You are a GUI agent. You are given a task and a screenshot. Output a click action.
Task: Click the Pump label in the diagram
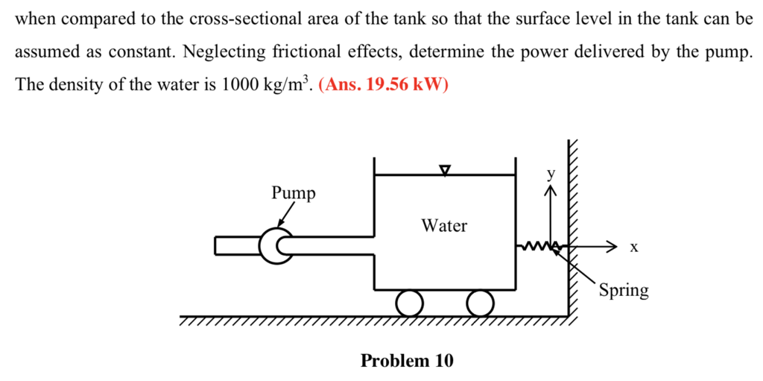tap(293, 193)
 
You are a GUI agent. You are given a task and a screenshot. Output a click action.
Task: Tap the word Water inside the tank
tap(444, 225)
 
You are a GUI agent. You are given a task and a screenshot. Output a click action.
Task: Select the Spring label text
tap(624, 290)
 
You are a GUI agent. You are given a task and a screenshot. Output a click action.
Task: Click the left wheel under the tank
tap(409, 303)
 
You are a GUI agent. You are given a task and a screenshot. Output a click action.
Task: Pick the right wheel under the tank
tap(481, 303)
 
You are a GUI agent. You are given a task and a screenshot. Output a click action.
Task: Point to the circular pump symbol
tap(276, 245)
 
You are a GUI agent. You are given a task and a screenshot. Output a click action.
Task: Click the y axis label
tap(551, 174)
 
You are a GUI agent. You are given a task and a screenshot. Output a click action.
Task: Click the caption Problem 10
tap(407, 362)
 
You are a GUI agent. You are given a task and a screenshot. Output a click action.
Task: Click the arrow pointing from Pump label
tap(284, 217)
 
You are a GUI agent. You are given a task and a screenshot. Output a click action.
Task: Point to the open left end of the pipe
tap(216, 245)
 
